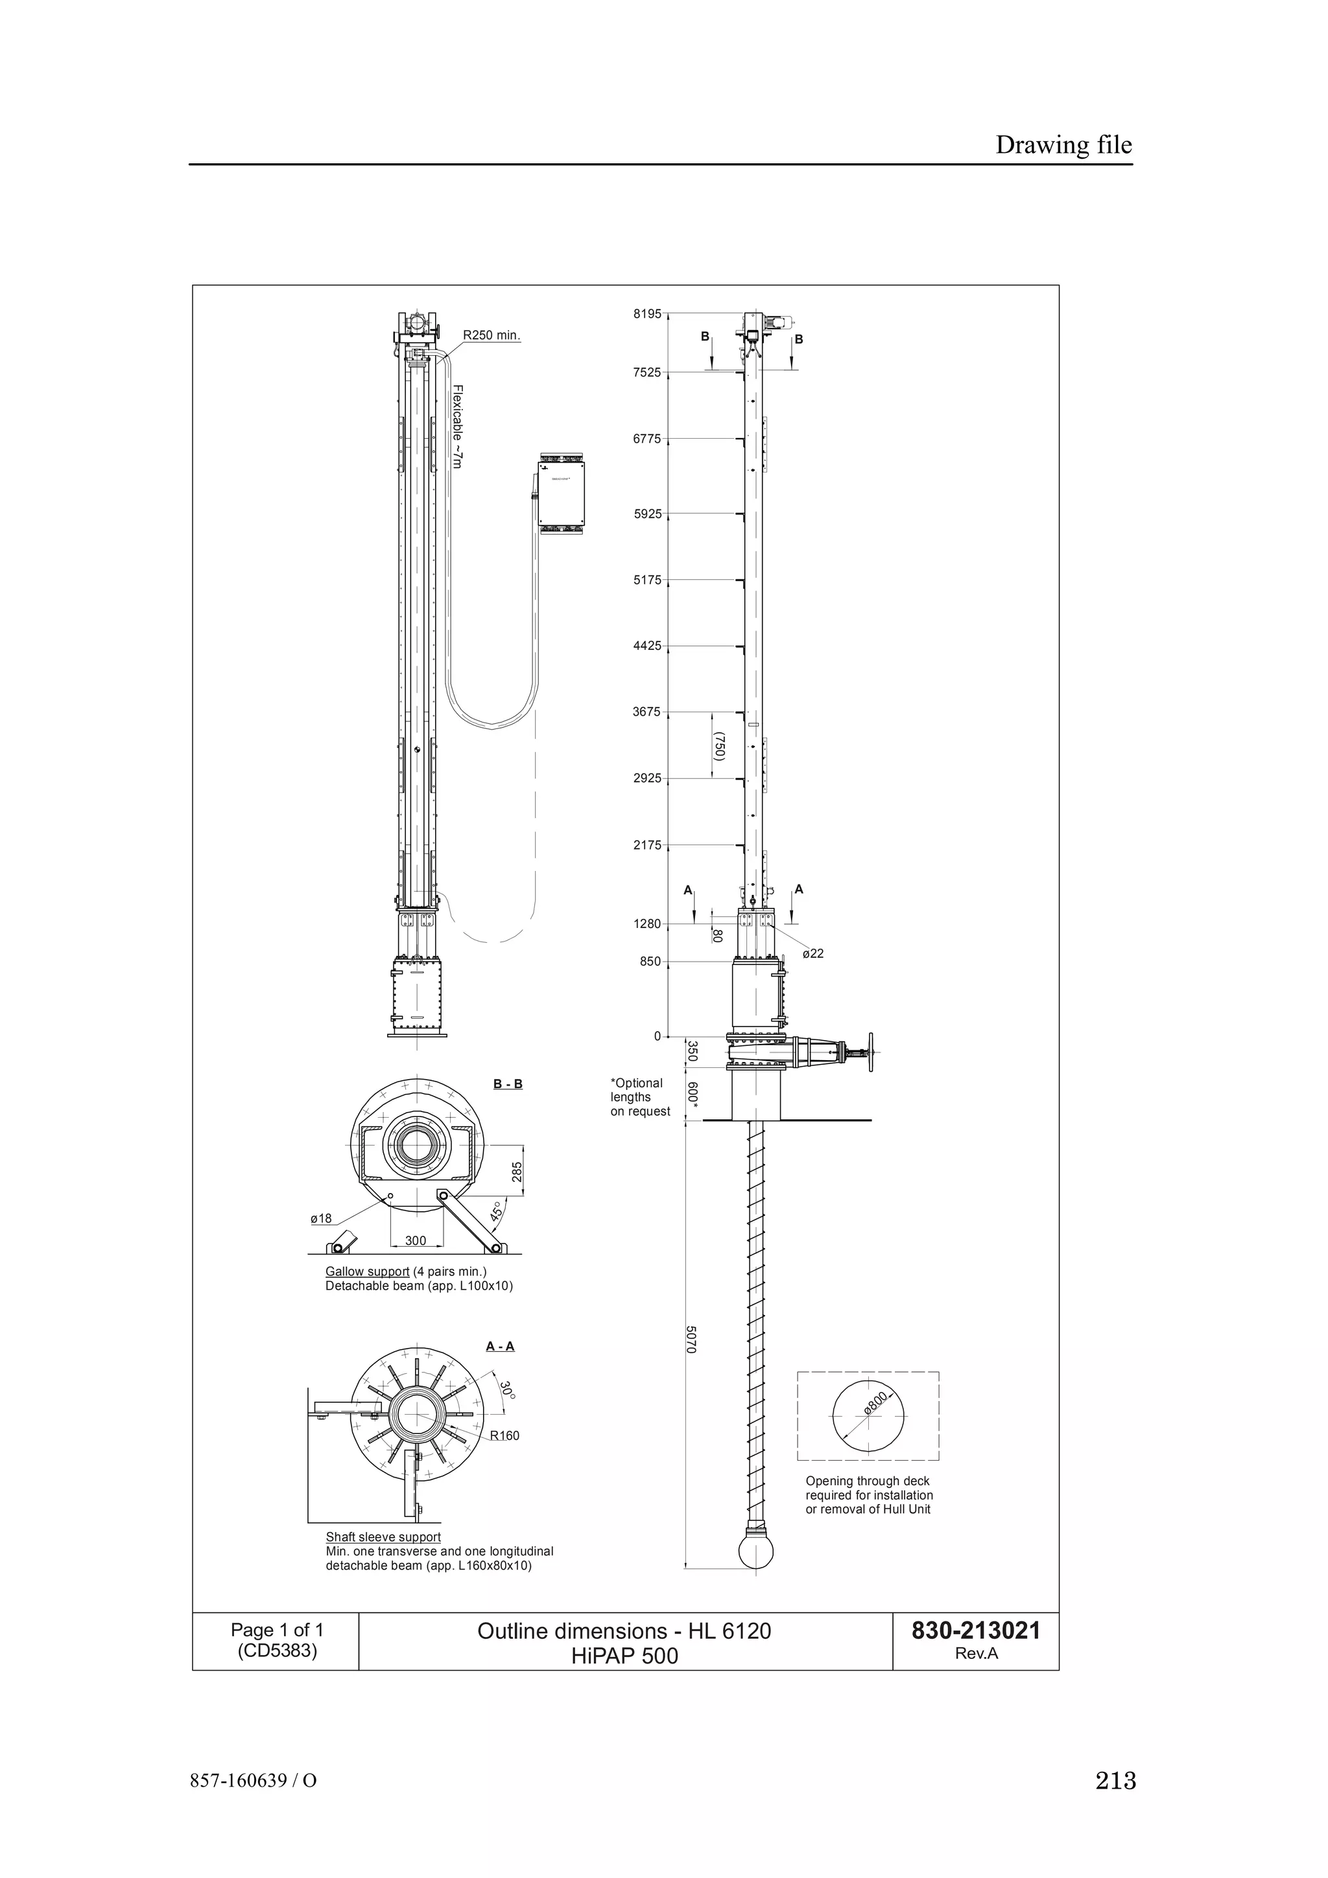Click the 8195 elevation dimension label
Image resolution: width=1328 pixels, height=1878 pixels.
646,313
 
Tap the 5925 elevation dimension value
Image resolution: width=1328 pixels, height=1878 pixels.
646,515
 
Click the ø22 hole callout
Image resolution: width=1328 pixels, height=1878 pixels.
812,954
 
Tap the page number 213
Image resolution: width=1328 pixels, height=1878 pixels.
1115,1781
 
